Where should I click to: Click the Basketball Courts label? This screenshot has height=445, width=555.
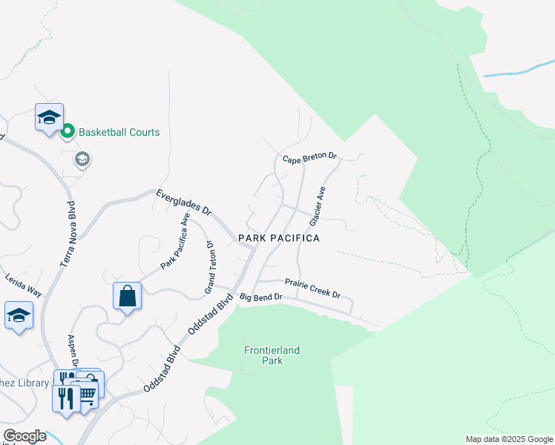coord(119,133)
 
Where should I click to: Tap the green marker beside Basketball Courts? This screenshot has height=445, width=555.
coord(68,132)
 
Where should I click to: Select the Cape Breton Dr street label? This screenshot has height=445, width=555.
coord(310,158)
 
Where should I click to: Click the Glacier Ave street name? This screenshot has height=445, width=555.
coord(318,206)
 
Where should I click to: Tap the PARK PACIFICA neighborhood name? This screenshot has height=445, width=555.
coord(279,238)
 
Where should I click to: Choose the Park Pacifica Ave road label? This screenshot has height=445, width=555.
coord(176,241)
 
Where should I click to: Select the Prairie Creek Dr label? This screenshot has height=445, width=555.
coord(312,288)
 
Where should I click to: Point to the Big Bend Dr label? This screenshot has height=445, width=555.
coord(261,297)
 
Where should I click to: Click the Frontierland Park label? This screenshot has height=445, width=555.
coord(263,355)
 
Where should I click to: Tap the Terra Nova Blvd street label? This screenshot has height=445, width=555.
coord(72,234)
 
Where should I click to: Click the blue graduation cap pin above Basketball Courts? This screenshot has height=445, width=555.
coord(49,118)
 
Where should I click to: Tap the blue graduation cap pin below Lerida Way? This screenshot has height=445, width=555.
coord(19,314)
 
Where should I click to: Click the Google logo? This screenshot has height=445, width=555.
coord(24,436)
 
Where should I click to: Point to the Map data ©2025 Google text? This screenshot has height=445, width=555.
coord(508,439)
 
